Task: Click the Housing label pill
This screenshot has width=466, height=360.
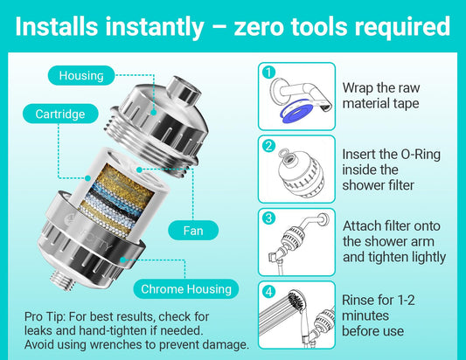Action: (x=81, y=75)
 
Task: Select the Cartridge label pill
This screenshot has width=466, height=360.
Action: (x=60, y=114)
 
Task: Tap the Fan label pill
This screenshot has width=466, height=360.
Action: (x=193, y=231)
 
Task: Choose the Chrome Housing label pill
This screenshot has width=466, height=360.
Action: (x=186, y=288)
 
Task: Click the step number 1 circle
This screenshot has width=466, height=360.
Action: (x=269, y=73)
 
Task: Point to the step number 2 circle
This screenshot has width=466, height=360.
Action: (x=269, y=146)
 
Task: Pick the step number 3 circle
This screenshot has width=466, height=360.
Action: (x=269, y=218)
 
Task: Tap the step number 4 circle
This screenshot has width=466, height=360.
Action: (x=269, y=291)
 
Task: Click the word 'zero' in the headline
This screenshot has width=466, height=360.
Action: (x=259, y=27)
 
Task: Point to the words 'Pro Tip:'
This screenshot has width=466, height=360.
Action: (x=45, y=316)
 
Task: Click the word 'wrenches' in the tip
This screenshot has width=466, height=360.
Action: (x=115, y=344)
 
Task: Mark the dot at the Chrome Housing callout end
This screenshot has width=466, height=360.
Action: (x=122, y=260)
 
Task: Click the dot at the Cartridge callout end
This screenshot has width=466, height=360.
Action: (x=87, y=178)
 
